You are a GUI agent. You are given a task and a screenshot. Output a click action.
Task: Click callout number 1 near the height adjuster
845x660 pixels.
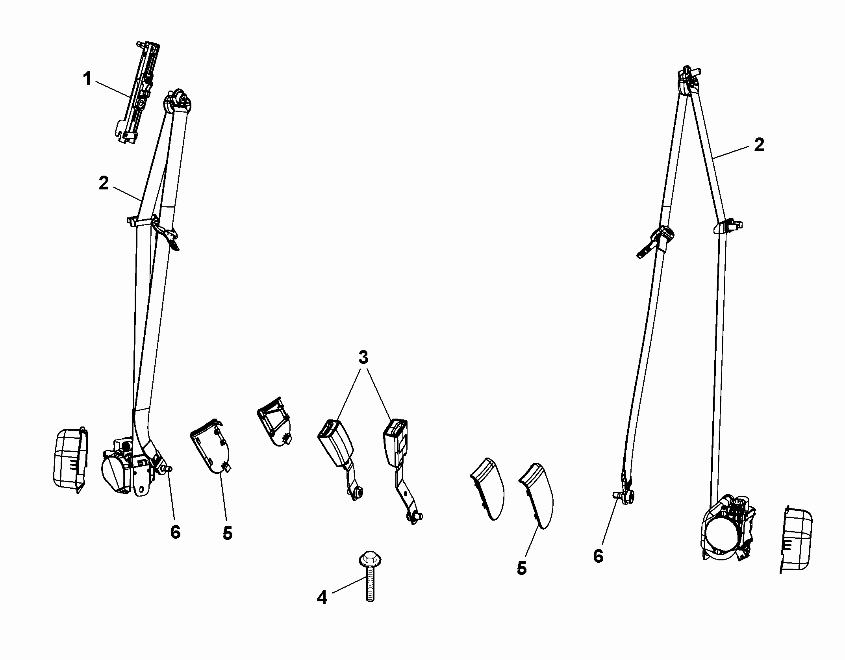point(87,79)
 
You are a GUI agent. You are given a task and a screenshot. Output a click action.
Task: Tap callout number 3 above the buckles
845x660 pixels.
point(363,358)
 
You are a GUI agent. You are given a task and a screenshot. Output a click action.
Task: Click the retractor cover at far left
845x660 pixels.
point(70,460)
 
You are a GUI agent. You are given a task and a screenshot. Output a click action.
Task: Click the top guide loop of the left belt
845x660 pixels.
point(177,102)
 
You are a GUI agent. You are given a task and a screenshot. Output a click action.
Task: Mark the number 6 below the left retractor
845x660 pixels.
point(175,532)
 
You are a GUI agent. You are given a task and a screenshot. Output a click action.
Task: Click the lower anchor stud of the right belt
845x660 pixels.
point(623,496)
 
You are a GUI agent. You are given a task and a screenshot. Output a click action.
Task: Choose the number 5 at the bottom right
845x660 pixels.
point(521,568)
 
